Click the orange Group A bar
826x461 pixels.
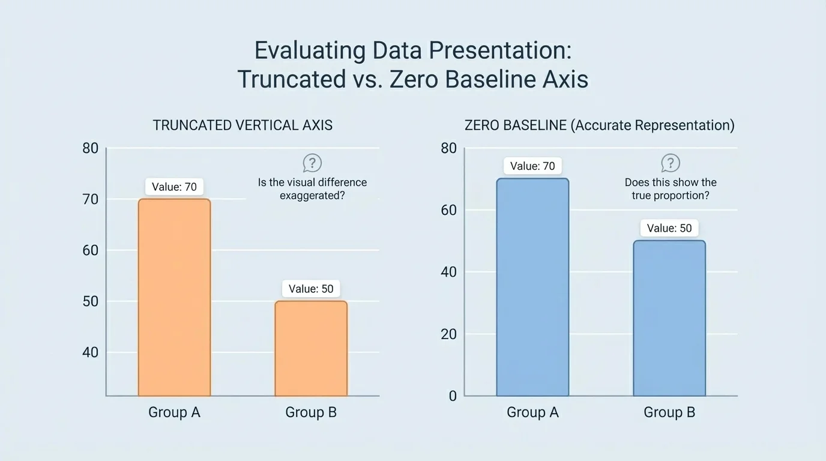[174, 297]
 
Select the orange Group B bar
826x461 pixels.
[311, 348]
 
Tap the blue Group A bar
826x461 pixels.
[532, 287]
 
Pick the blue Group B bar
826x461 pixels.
[669, 318]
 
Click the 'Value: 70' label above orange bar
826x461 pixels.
[174, 187]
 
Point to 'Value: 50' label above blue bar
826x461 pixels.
[669, 228]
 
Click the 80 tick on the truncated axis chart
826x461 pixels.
[90, 148]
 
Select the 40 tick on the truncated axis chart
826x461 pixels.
[90, 352]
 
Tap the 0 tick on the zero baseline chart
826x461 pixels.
[453, 396]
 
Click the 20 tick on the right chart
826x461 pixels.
[448, 334]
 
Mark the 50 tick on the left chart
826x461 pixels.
[90, 301]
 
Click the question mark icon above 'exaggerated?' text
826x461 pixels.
[312, 163]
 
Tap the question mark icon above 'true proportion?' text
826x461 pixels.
[671, 163]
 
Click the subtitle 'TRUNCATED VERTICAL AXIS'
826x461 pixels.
[243, 125]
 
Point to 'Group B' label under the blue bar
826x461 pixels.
[669, 412]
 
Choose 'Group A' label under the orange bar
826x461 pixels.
[174, 412]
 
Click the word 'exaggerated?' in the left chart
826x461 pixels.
[312, 196]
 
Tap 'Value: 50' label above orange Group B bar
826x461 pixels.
[311, 289]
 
